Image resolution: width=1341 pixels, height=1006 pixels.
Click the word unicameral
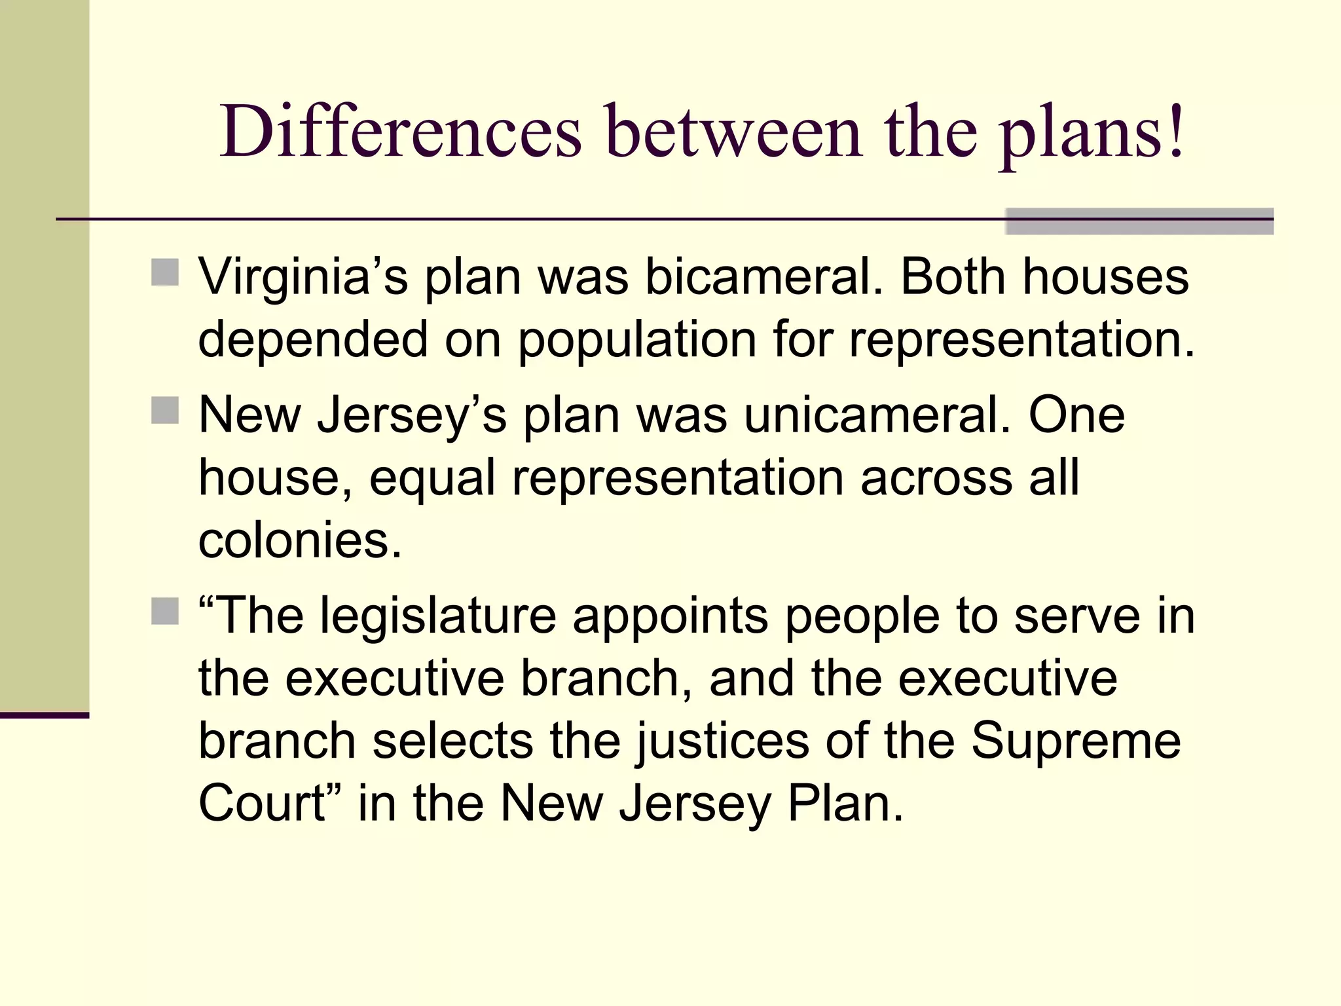[877, 415]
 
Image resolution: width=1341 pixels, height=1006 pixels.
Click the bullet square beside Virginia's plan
[165, 272]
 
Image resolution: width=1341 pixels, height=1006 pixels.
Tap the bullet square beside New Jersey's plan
[165, 411]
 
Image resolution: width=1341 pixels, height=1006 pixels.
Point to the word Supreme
[1076, 741]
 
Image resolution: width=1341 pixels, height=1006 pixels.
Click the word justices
[723, 741]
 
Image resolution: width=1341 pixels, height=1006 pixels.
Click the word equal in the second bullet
[432, 479]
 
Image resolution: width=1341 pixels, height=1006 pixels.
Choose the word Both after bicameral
[953, 277]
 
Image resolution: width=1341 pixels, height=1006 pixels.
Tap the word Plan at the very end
[845, 804]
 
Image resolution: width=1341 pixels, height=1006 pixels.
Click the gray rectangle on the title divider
[1139, 221]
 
